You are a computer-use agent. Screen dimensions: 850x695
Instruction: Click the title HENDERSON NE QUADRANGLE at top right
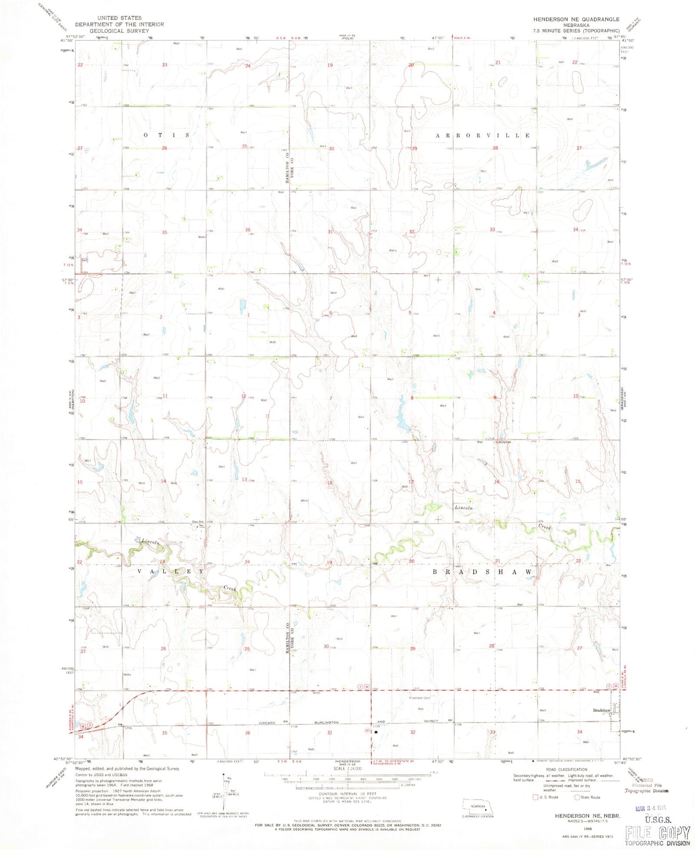pyautogui.click(x=576, y=19)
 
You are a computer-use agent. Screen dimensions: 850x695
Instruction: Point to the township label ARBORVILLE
pyautogui.click(x=483, y=136)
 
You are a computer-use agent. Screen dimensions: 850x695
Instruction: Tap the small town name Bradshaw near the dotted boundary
pyautogui.click(x=601, y=710)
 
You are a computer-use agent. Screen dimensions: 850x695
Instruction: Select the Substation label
pyautogui.click(x=503, y=442)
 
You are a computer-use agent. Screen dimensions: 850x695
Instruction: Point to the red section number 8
pyautogui.click(x=412, y=398)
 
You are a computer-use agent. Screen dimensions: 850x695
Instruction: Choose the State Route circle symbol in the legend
pyautogui.click(x=577, y=797)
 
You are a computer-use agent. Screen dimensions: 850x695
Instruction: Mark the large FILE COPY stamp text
pyautogui.click(x=657, y=832)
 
